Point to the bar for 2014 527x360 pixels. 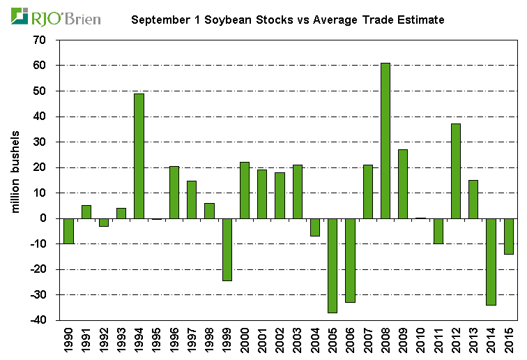pos(491,261)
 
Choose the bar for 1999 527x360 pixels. pos(227,249)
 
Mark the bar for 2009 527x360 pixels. pos(403,183)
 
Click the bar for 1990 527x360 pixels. pos(68,231)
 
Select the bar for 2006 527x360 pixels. pos(350,260)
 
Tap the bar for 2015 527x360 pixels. pos(509,236)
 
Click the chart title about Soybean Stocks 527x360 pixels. pos(287,20)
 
